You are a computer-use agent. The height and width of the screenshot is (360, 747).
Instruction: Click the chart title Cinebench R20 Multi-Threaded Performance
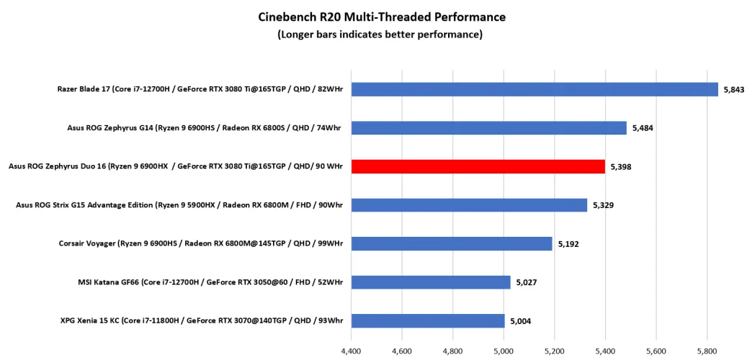[382, 17]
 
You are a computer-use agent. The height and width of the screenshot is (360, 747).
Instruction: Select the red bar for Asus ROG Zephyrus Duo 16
[478, 166]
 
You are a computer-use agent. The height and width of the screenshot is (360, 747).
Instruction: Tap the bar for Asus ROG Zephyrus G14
[488, 128]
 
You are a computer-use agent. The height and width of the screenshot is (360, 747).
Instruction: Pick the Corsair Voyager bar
[452, 243]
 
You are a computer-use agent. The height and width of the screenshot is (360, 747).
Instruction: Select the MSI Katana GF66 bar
[431, 282]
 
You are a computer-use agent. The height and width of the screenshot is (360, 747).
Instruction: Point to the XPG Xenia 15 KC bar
[428, 321]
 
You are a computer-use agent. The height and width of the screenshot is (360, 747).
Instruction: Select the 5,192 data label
[569, 243]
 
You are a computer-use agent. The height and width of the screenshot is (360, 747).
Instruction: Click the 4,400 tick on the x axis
[351, 352]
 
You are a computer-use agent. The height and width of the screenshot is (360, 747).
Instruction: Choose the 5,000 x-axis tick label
[504, 352]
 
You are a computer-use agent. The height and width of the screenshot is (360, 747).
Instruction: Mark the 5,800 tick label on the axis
[707, 352]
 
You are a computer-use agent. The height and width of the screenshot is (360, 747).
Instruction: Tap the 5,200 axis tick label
[555, 352]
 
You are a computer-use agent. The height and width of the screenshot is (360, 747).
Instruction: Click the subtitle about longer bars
[382, 34]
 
